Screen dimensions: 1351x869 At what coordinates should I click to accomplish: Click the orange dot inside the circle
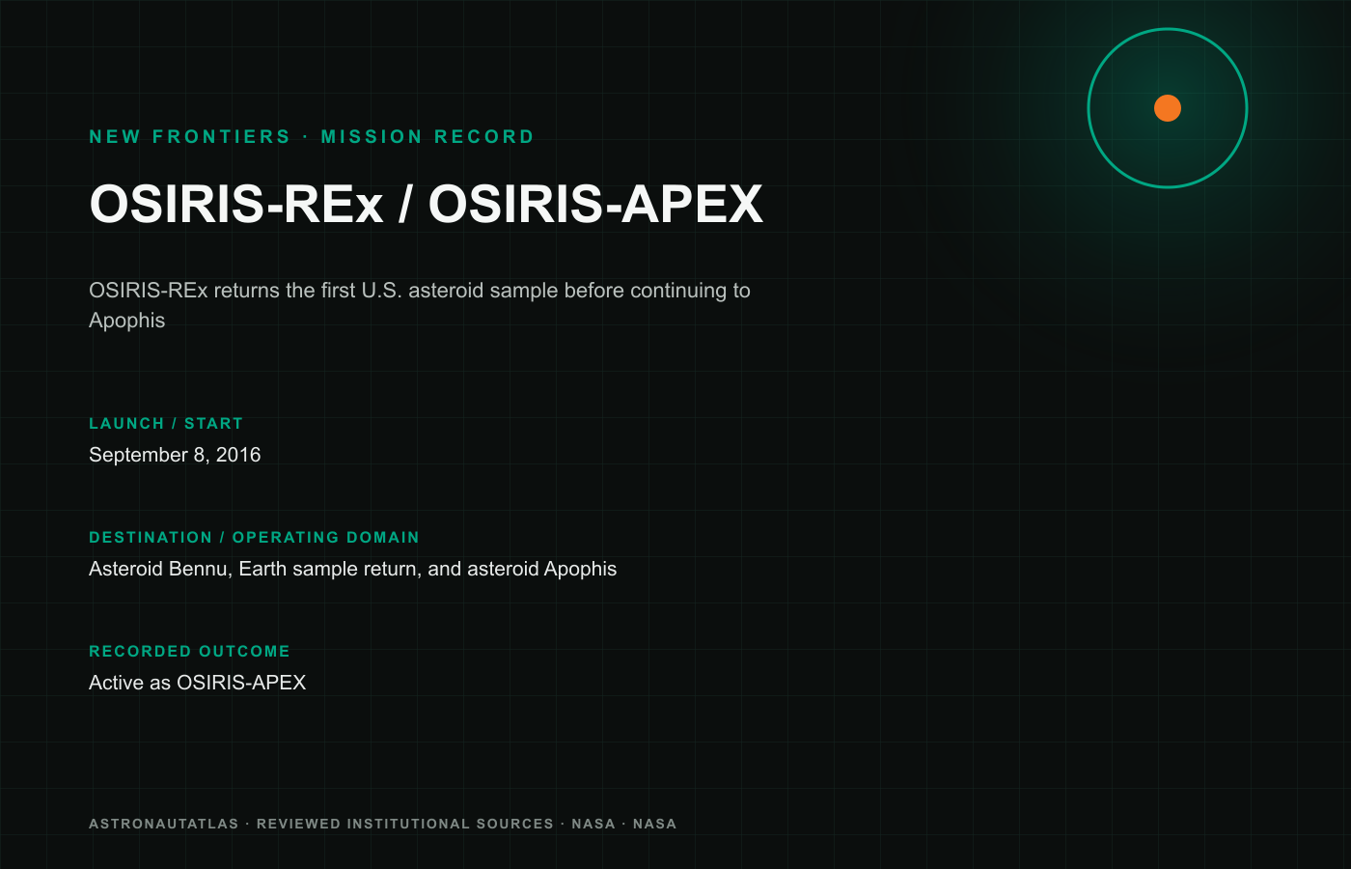pos(1167,108)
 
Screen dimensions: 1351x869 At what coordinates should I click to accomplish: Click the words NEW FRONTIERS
pos(190,137)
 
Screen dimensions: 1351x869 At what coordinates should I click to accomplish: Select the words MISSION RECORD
pos(427,137)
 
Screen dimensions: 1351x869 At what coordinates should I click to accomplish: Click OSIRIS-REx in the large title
pos(236,204)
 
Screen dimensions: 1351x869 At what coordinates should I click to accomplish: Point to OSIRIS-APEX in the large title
pos(595,204)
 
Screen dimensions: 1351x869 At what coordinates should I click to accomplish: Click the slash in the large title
pos(405,204)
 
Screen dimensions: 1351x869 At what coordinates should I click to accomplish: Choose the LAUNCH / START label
pos(166,424)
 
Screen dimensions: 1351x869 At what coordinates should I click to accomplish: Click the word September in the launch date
pos(138,455)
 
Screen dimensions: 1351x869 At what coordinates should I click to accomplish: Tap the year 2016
pos(238,455)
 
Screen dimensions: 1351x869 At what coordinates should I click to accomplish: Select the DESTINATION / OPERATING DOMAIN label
pos(254,538)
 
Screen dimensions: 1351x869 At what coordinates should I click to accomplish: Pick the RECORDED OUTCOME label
pos(189,652)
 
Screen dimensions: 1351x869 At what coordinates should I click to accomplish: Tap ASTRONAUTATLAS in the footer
pos(163,825)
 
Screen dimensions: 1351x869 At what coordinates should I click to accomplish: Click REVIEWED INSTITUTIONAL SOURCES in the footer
pos(404,825)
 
